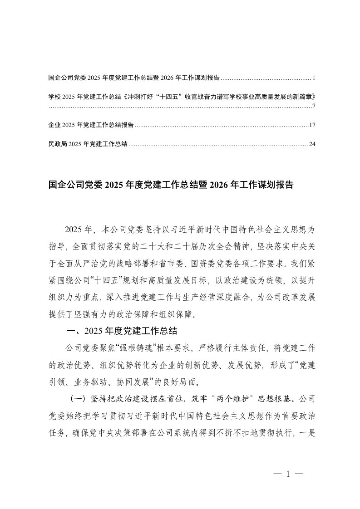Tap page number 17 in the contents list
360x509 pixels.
[x=312, y=125]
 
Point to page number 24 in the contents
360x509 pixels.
[x=312, y=144]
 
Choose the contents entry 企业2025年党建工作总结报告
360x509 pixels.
[x=90, y=125]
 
